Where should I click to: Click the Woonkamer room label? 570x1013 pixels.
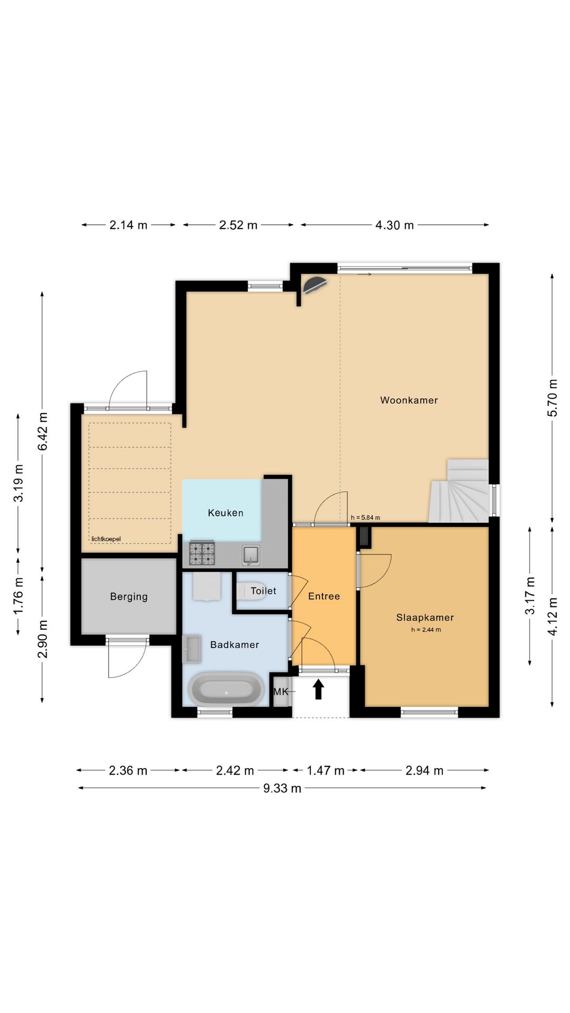pos(409,400)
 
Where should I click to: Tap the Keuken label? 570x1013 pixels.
pos(225,513)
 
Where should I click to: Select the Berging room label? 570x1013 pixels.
pos(129,597)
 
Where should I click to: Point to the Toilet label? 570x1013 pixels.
pos(263,591)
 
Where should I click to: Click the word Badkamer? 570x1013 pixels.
pos(234,645)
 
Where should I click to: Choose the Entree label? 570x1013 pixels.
pos(324,596)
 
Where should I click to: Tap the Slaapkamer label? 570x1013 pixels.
pos(425,617)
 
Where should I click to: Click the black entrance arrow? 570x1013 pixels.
pos(318,689)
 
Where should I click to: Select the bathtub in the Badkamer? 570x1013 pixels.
pos(226,689)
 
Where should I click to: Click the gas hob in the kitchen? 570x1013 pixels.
pos(202,553)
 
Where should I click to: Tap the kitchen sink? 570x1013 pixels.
pos(251,555)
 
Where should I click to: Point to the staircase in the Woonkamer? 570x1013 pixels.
pos(459,491)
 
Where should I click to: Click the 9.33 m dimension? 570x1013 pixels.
pos(282,788)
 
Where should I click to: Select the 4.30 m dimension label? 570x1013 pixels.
pos(394,225)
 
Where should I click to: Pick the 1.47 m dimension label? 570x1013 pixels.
pos(326,771)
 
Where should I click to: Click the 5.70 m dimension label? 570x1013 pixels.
pos(552,398)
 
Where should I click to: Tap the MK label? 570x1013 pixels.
pos(281,691)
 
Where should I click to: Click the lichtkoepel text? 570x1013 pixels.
pos(106,539)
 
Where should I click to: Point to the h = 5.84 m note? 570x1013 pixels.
pos(365,518)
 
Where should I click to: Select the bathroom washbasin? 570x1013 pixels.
pos(192,648)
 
